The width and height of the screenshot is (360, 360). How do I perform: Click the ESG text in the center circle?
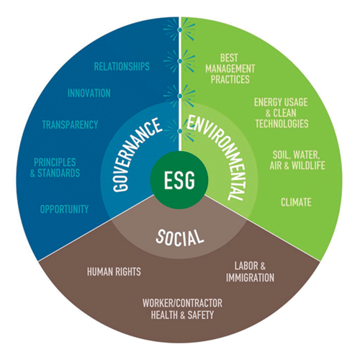tap(179, 180)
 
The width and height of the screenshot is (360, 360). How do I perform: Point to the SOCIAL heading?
tap(179, 238)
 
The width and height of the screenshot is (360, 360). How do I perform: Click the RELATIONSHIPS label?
tap(122, 66)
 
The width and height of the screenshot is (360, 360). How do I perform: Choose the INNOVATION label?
tap(89, 93)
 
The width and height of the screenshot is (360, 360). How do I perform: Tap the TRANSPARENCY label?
tap(70, 125)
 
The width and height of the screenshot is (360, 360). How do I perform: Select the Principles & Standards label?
tap(55, 168)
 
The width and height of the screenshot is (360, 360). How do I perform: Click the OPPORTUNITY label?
tap(64, 210)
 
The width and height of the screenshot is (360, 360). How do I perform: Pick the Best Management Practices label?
tap(230, 68)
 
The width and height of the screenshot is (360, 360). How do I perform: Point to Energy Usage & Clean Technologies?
tap(282, 113)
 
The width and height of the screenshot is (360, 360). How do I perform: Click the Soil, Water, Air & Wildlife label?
tap(297, 160)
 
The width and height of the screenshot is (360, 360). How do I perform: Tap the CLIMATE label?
tap(296, 202)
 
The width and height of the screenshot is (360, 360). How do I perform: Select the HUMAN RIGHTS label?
tap(114, 271)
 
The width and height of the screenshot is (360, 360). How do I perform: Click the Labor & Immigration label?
tap(250, 272)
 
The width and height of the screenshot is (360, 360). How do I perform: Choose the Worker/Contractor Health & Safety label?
tap(182, 309)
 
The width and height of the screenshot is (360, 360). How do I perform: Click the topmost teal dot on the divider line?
tap(180, 30)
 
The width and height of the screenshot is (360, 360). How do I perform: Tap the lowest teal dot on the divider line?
tap(180, 131)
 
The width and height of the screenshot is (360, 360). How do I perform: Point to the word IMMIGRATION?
tap(250, 278)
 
